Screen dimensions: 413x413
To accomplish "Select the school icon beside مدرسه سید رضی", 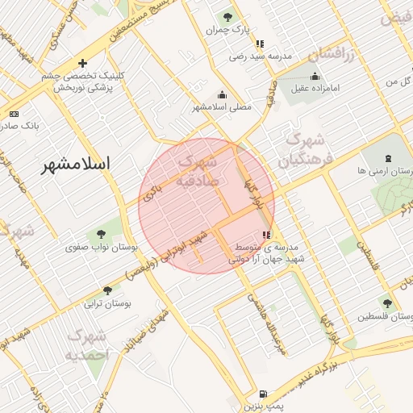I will pyautogui.click(x=260, y=44).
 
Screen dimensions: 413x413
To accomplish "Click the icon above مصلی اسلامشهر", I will pyautogui.click(x=222, y=94).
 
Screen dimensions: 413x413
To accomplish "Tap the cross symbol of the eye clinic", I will pyautogui.click(x=82, y=63).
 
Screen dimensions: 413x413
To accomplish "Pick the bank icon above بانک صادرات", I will pyautogui.click(x=14, y=115).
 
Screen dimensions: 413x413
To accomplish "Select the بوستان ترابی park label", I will pyautogui.click(x=107, y=304).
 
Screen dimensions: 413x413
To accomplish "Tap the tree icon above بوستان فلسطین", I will pyautogui.click(x=387, y=304).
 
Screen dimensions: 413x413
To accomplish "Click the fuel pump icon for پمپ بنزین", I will pyautogui.click(x=263, y=395).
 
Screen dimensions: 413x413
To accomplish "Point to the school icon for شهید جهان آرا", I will pyautogui.click(x=267, y=234).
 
